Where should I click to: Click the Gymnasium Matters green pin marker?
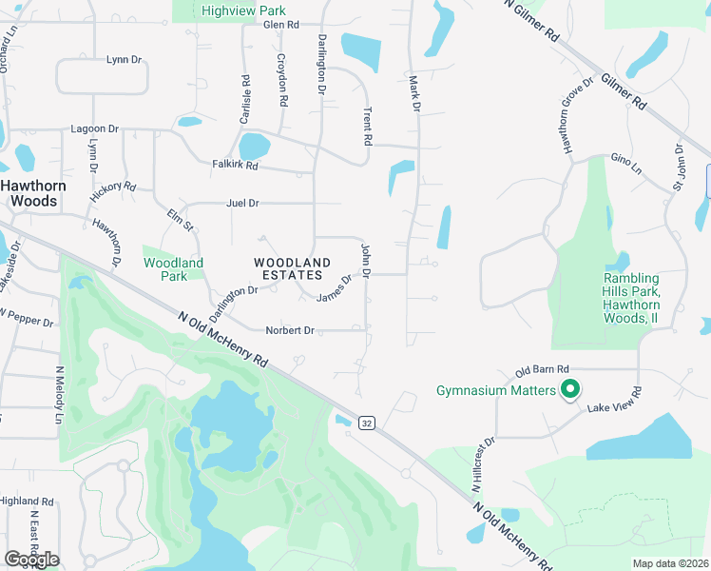[570, 389]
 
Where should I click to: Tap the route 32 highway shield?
[366, 422]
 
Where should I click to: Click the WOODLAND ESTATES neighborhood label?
[292, 268]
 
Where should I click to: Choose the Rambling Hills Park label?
[631, 299]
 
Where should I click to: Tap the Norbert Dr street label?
[289, 330]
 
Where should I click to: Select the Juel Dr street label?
[242, 203]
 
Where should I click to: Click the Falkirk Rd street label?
[235, 165]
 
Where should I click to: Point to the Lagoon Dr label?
[94, 128]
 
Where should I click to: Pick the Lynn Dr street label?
[124, 59]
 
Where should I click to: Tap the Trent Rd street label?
[367, 126]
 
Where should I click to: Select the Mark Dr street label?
[414, 94]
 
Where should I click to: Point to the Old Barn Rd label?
[542, 369]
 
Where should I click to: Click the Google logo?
[31, 559]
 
